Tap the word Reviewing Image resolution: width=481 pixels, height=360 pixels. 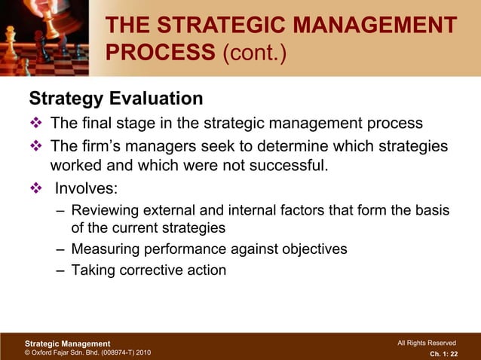point(105,209)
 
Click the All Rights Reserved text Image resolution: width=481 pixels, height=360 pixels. point(426,343)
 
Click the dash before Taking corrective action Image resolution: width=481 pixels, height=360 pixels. point(61,270)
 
